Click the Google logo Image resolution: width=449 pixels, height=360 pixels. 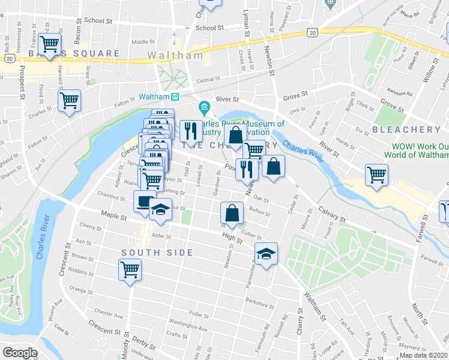point(20,353)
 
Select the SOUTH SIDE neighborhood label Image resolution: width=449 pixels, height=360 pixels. point(157,253)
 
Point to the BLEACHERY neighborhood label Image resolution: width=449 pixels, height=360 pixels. point(406,129)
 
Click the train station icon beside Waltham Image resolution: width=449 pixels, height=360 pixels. point(175,97)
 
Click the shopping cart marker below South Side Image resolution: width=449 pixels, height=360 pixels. point(130,270)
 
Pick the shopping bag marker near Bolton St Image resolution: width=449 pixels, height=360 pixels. point(232,212)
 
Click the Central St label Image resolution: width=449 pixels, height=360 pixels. point(208,80)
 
